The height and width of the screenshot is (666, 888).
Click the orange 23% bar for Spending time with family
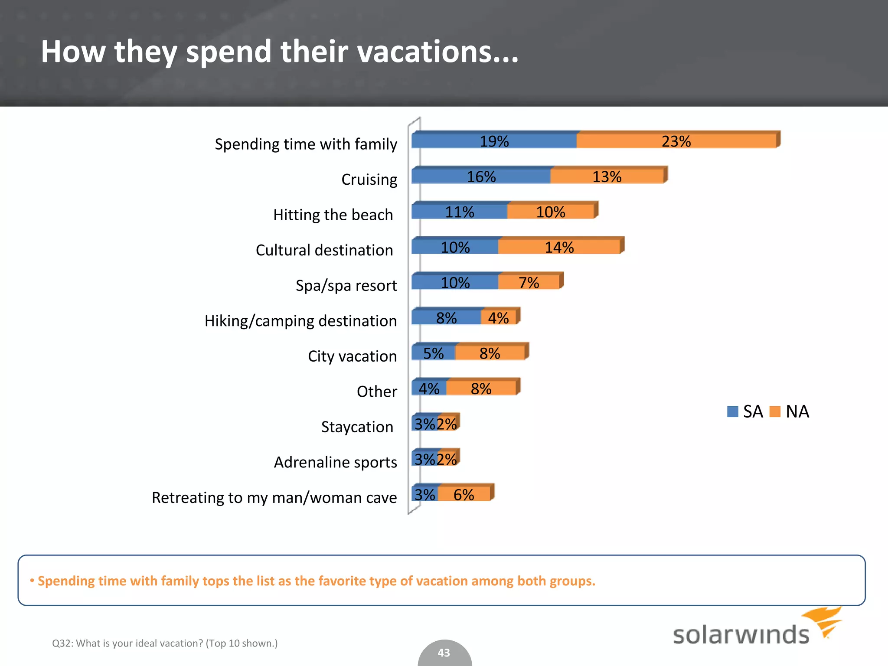click(676, 141)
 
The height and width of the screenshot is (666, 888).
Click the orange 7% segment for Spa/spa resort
click(529, 282)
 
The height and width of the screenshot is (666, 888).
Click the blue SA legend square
click(732, 411)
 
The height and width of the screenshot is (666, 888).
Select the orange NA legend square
click(775, 411)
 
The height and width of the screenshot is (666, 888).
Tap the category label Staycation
click(357, 427)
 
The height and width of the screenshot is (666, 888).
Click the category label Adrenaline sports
click(335, 462)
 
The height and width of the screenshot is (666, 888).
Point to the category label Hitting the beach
click(333, 215)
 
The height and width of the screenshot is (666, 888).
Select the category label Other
click(376, 392)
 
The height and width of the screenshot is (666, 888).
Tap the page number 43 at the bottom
click(444, 653)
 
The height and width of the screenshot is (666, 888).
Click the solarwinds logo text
click(741, 635)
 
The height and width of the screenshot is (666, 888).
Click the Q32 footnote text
click(165, 643)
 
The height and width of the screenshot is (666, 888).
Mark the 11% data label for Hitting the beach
click(460, 212)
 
